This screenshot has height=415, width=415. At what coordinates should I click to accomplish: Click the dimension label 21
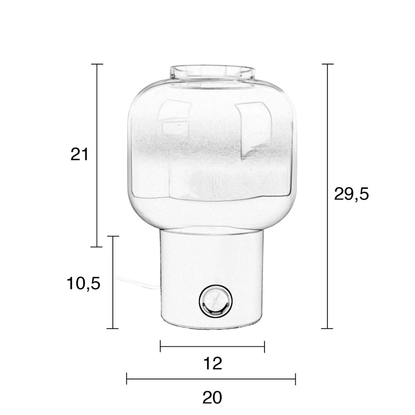point(79,154)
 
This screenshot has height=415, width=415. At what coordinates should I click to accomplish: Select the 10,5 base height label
point(84,284)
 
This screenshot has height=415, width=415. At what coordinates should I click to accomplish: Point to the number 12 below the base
point(213,363)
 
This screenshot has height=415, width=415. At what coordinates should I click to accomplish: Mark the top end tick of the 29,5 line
point(328,64)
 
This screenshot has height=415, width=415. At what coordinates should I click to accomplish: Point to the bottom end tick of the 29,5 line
point(328,329)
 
